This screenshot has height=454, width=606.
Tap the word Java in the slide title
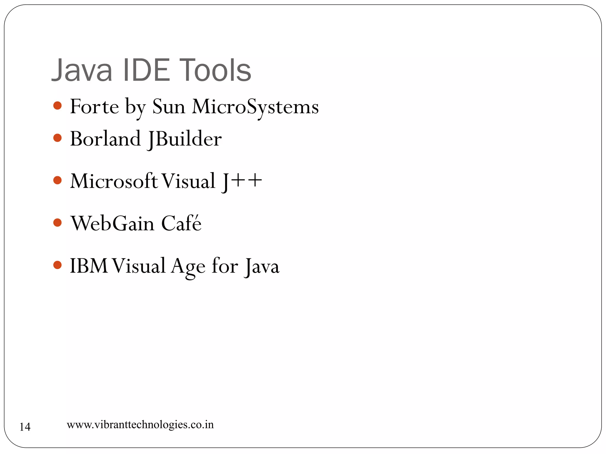point(82,70)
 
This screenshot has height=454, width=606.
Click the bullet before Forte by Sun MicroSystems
point(57,106)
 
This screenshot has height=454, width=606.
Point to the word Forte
point(94,106)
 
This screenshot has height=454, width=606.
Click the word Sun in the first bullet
point(168,106)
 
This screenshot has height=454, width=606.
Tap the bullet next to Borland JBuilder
point(57,138)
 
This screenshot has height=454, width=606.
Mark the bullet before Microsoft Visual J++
point(57,180)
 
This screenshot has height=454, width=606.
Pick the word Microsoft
point(114,181)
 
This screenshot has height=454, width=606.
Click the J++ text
point(241,181)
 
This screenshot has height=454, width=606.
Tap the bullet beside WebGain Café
point(57,223)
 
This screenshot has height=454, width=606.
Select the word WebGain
point(112,223)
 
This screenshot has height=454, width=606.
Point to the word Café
point(181,223)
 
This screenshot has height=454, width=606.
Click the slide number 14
point(25,427)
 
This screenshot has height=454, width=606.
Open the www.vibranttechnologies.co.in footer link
point(140,425)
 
